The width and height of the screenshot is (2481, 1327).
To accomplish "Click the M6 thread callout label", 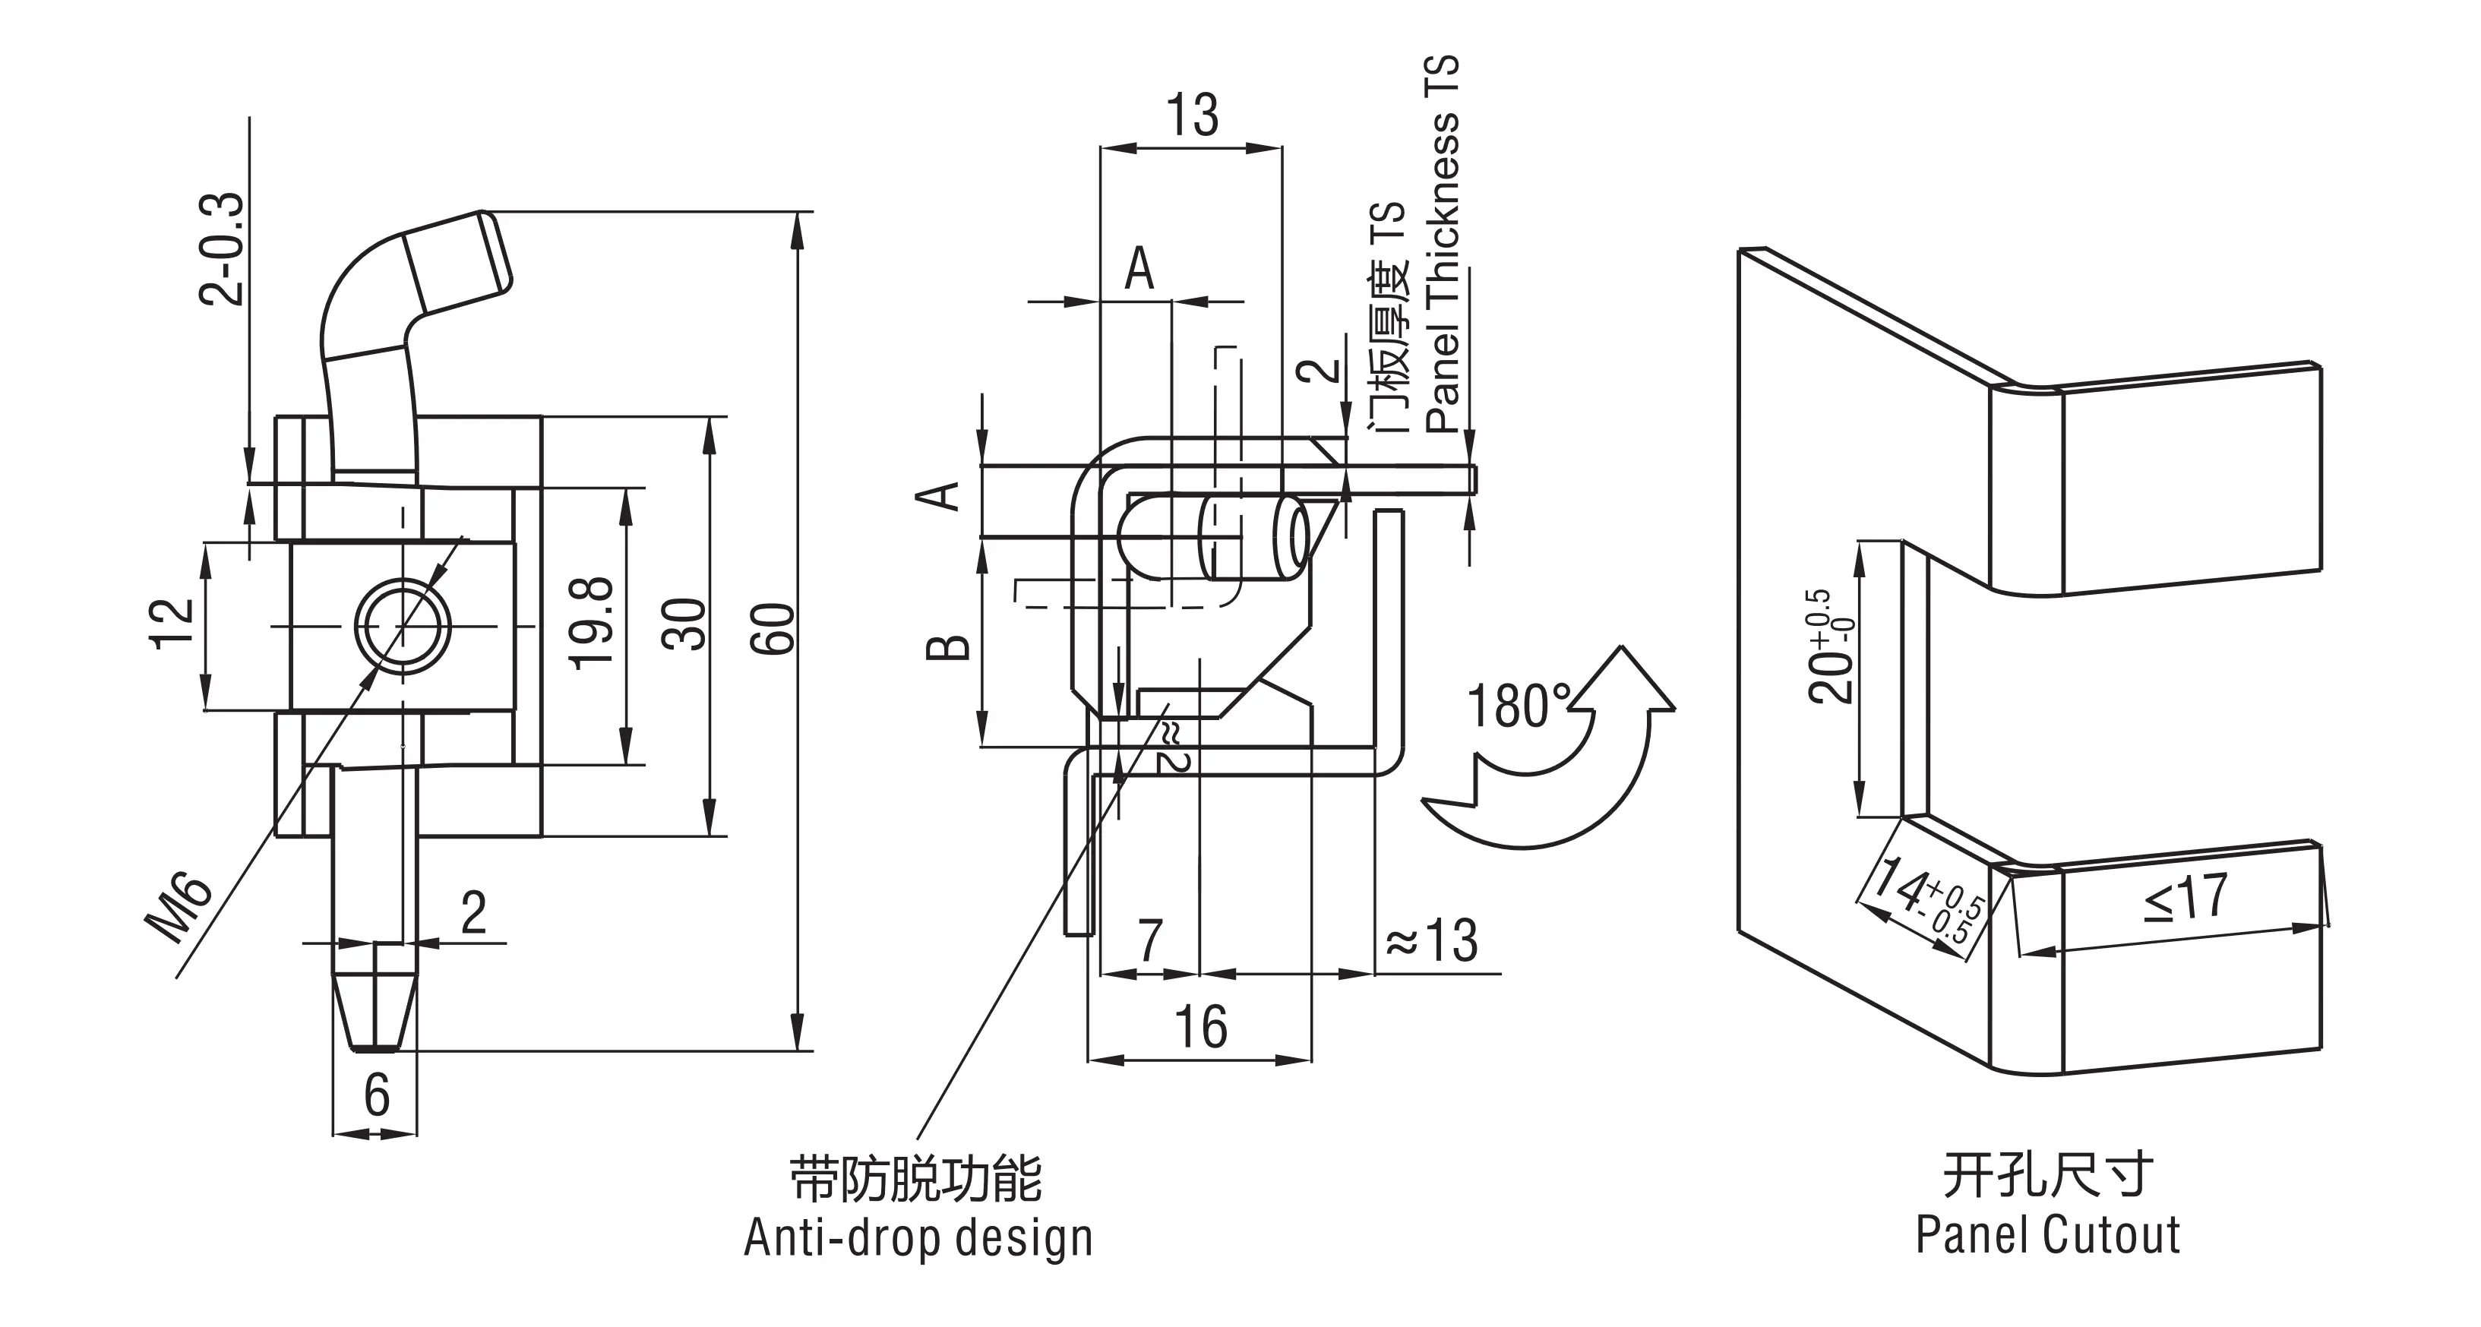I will tap(180, 908).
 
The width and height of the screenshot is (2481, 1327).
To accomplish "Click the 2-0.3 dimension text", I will tap(223, 249).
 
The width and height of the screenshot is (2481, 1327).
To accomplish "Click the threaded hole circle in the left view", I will tap(403, 626).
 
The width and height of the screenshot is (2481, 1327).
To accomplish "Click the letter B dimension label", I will tap(949, 646).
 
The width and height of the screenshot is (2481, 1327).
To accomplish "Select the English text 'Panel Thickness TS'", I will tap(1442, 245).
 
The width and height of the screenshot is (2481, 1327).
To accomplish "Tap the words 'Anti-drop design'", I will tap(918, 1238).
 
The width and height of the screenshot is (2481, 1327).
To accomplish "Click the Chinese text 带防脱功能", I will tap(916, 1180).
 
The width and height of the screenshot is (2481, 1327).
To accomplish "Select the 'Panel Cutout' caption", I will tap(2047, 1234).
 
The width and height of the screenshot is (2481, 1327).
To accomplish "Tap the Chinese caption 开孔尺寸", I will tap(2047, 1176).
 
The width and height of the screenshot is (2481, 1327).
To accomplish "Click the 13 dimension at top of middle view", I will tap(1193, 115).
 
